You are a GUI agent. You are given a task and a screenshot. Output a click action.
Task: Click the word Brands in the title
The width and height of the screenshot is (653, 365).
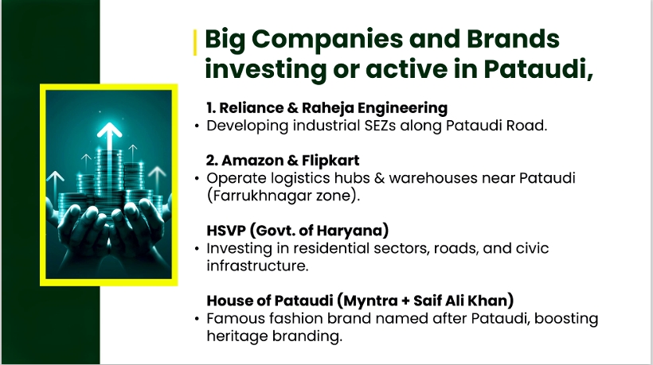tap(513, 39)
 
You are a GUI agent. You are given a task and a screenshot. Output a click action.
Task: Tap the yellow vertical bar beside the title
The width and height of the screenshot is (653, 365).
tap(195, 42)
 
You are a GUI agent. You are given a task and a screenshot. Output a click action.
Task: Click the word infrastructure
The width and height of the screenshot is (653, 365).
tap(257, 266)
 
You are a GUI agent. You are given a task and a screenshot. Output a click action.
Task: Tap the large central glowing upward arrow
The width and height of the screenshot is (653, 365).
tap(109, 148)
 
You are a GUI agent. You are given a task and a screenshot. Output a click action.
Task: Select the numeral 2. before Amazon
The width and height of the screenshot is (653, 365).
tap(212, 161)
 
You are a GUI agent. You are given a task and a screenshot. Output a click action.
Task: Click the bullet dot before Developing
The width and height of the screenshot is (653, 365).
tap(197, 126)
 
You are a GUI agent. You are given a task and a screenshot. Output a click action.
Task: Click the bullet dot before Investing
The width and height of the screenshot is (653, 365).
tap(197, 249)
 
